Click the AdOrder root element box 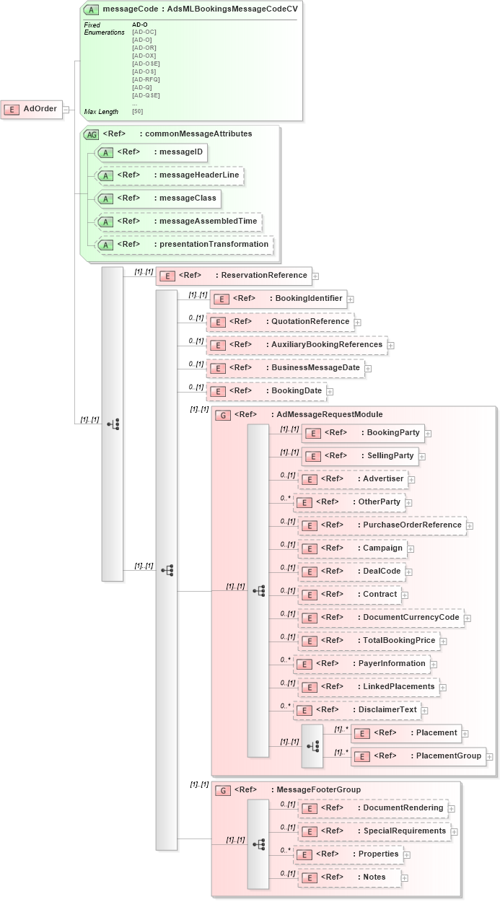(32, 109)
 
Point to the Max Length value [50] (137, 111)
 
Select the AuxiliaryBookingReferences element (297, 345)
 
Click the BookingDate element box (266, 391)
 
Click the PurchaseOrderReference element (382, 525)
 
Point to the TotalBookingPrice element (369, 641)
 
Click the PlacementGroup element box (418, 756)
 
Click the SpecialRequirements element (374, 831)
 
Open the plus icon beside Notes (405, 878)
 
